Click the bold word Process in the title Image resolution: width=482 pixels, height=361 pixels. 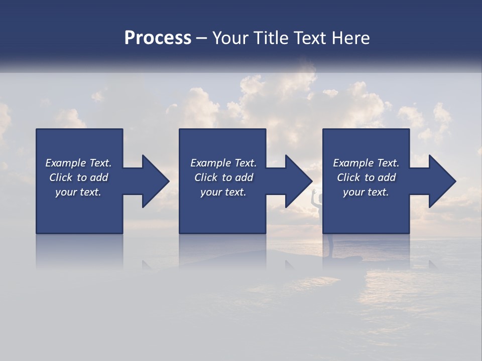pos(158,38)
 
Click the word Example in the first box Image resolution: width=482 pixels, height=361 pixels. pos(65,163)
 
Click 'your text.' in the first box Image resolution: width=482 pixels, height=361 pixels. pos(78,192)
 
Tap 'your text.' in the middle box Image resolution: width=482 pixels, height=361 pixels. pos(223,192)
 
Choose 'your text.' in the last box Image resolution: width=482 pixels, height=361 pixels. pos(366,192)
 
